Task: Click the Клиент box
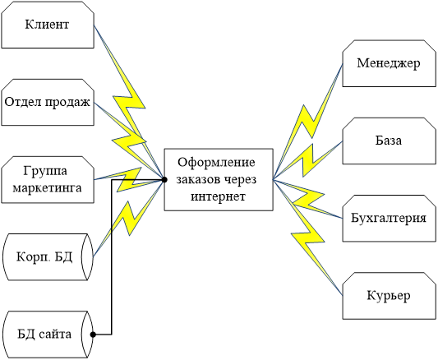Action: pyautogui.click(x=48, y=25)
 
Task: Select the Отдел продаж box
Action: pyautogui.click(x=48, y=102)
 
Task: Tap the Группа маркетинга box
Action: pyautogui.click(x=48, y=179)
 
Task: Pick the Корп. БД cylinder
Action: pyautogui.click(x=48, y=257)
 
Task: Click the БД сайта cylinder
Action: pyautogui.click(x=48, y=335)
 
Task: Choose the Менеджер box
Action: pyautogui.click(x=390, y=63)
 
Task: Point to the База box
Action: pyautogui.click(x=390, y=141)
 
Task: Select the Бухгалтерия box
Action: pyautogui.click(x=390, y=218)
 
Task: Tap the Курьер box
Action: pyautogui.click(x=390, y=296)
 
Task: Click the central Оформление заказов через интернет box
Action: pyautogui.click(x=219, y=179)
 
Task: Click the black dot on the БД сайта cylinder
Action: pyautogui.click(x=93, y=335)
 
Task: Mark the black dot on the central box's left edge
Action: pyautogui.click(x=164, y=180)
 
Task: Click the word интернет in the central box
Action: pyautogui.click(x=218, y=196)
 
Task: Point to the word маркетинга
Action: pyautogui.click(x=47, y=187)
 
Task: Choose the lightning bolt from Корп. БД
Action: pyautogui.click(x=128, y=218)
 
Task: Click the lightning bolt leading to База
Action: pyautogui.click(x=307, y=159)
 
